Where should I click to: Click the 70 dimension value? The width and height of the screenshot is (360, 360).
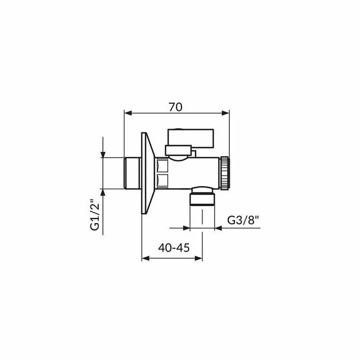click(x=175, y=107)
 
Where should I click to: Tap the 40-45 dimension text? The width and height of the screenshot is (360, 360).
click(x=174, y=248)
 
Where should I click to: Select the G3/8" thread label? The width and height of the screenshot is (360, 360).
click(x=243, y=221)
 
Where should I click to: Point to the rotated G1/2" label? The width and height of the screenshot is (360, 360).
click(x=95, y=214)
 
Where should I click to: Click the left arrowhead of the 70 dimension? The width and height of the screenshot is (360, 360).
click(x=128, y=113)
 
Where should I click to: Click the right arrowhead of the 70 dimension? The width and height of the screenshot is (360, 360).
click(x=225, y=113)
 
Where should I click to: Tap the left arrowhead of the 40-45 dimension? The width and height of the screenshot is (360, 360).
click(x=146, y=258)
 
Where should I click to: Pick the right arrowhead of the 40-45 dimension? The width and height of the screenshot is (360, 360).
click(x=199, y=258)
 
